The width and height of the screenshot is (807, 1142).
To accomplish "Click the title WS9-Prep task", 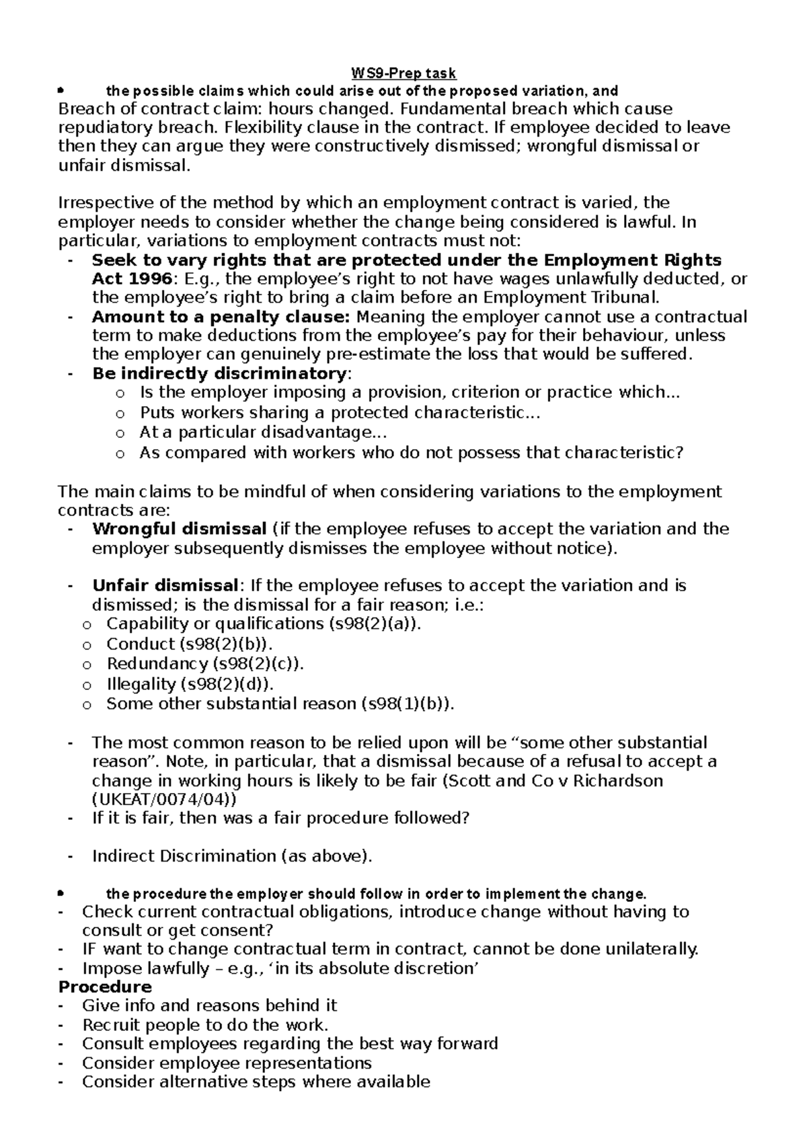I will pos(404,73).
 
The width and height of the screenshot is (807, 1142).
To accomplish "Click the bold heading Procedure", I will pos(105,987).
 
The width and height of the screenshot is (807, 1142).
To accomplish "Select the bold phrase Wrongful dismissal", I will pos(180,529).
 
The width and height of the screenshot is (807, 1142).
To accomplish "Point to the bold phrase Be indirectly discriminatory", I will pos(219,373).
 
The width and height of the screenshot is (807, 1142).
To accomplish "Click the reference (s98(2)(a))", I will pos(374,623).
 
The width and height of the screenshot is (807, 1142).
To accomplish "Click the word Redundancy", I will pos(157,664).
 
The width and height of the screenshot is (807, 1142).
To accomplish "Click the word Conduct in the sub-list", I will pos(140,644).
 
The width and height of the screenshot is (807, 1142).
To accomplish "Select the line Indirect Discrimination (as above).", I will pos(231,856).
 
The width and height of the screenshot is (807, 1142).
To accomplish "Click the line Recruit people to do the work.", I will pos(205,1025).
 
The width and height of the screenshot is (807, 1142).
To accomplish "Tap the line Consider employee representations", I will pos(227,1063).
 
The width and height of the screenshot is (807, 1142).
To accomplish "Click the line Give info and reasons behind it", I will pos(209,1005).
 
